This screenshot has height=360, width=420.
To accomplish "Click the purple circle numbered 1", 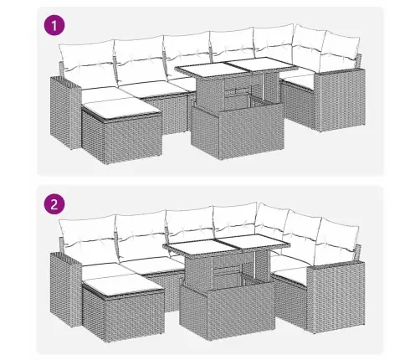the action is pos(54,26).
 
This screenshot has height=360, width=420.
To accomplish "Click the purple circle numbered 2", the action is pos(54,204).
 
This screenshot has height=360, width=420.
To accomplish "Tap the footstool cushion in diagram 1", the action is pos(122,109).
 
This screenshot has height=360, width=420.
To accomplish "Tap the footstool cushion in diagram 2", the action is pos(123,285).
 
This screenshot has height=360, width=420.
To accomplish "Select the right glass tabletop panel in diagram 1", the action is pos(260,64).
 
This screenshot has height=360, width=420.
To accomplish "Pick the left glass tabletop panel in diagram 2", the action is pos(197,246).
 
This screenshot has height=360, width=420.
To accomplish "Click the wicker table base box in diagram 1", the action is pos(237,130).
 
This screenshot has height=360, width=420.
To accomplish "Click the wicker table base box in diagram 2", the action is pos(228,308).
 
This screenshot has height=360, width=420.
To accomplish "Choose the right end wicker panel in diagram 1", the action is pos(341,100).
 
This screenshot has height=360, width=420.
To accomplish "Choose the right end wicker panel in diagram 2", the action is pos(336,296).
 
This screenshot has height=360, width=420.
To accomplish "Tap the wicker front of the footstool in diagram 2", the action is pos(134,316).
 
